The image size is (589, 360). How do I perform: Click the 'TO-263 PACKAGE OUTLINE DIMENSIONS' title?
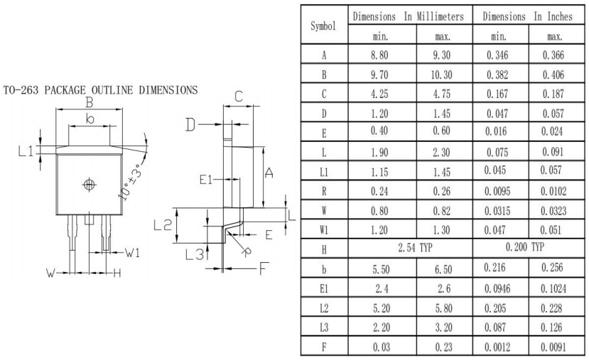point(100,90)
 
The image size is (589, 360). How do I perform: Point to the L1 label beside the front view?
point(26,151)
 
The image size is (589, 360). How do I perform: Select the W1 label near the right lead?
point(133,253)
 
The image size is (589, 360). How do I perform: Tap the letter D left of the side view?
point(190,126)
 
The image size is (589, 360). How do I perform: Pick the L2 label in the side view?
point(163,225)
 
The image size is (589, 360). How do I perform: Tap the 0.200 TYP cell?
point(525,249)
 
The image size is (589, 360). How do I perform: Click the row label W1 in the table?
point(324,229)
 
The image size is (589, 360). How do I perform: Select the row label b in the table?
point(324,268)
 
